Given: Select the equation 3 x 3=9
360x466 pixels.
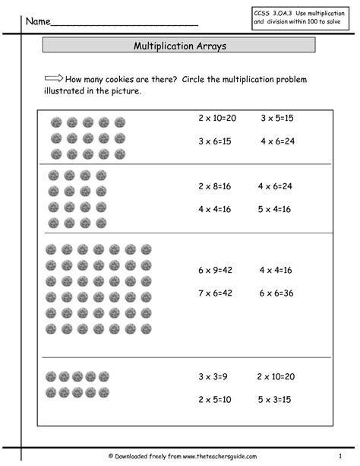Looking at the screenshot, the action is coord(215,376).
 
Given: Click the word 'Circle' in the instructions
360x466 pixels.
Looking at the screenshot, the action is coord(191,79).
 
